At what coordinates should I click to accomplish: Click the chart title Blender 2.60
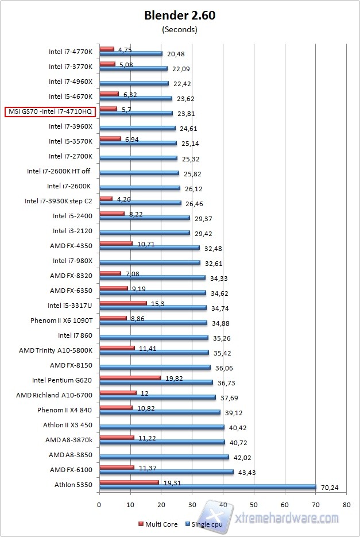(180, 16)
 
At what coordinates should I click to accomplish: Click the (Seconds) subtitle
(180, 29)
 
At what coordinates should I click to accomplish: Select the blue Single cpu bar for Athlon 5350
(207, 487)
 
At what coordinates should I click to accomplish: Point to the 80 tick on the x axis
(346, 505)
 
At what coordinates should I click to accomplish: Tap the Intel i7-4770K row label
(72, 52)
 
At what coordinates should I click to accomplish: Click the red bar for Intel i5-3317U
(123, 303)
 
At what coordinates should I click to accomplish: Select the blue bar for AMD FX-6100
(167, 472)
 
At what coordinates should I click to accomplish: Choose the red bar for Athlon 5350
(129, 482)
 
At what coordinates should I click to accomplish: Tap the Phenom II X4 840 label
(68, 410)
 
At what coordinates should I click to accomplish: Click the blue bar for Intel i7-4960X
(134, 83)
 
